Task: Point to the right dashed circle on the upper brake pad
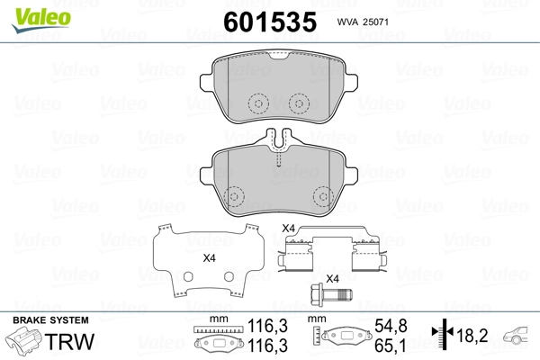coord(297,104)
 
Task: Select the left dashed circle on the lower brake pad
coord(236,195)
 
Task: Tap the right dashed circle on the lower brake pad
coord(321,195)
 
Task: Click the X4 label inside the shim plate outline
coord(209,258)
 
